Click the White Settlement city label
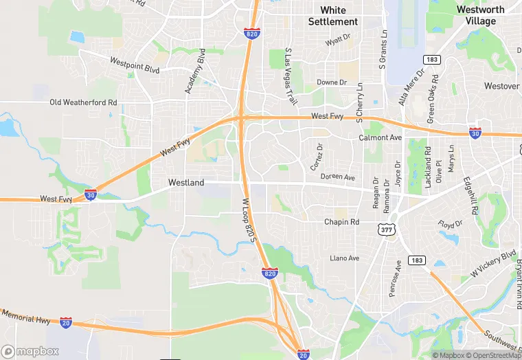[x=333, y=16]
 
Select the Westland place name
[x=186, y=183]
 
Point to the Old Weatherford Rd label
[x=84, y=102]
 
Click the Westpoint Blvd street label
[x=135, y=65]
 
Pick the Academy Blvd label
[x=195, y=71]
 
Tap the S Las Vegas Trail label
[x=291, y=76]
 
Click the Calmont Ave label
[x=380, y=137]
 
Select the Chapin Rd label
[x=341, y=222]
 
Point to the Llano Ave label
[x=344, y=258]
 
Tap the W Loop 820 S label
[x=248, y=220]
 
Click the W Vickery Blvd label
[x=492, y=265]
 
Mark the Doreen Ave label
[x=337, y=177]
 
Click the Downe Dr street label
[x=332, y=82]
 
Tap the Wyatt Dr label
[x=338, y=41]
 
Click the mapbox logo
[x=30, y=351]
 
